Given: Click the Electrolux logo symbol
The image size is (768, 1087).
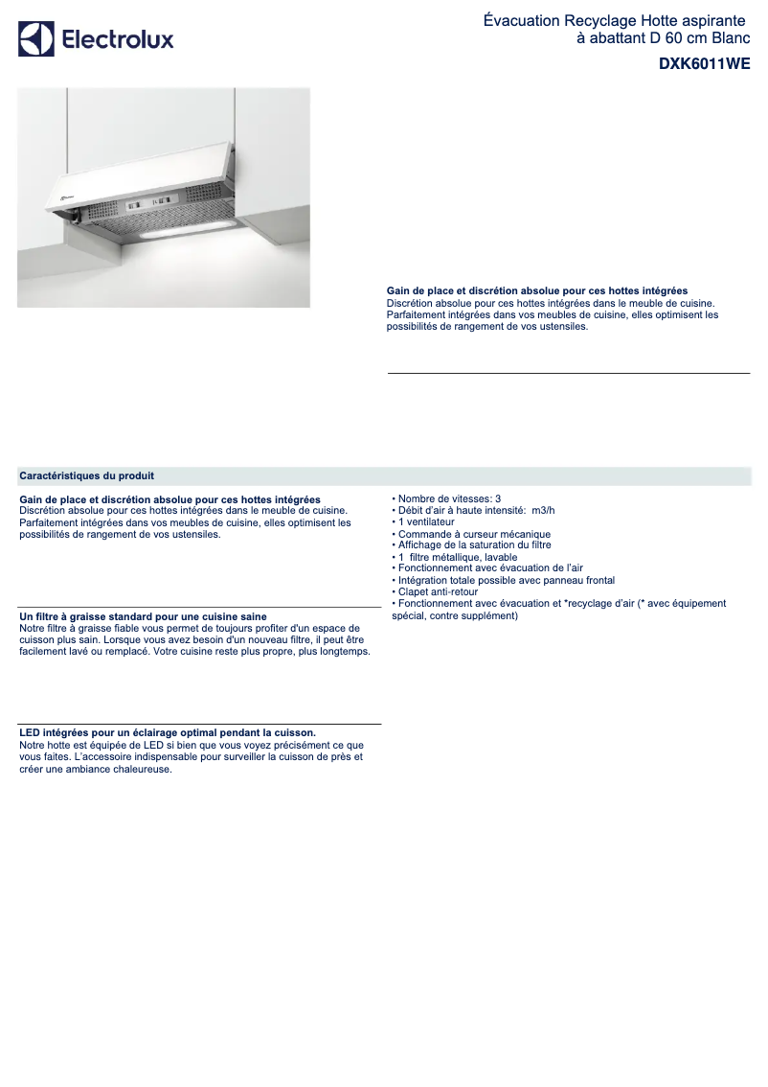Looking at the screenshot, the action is point(36,40).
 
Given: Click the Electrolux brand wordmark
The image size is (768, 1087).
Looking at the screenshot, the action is point(118,40).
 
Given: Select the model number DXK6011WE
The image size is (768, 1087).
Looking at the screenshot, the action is point(704,64).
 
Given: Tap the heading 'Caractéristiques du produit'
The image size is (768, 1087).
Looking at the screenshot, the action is point(87,475).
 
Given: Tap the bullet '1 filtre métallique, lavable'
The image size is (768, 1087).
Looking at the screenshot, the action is point(458,557).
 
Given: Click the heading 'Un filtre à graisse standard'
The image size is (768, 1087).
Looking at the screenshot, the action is point(143,616).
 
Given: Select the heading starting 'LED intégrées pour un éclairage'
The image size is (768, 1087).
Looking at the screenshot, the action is point(167,732).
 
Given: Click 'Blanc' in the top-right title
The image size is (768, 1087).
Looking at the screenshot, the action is point(730,38).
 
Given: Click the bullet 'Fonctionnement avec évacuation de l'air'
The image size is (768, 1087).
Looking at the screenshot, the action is point(490,568).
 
